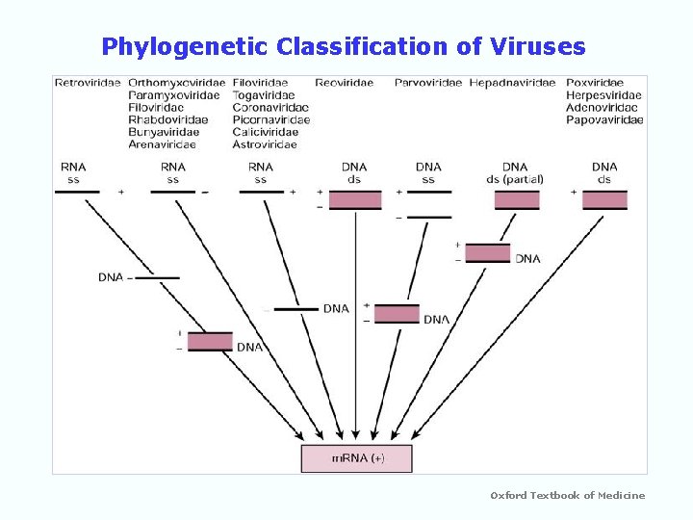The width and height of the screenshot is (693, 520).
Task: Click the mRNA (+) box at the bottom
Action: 357,458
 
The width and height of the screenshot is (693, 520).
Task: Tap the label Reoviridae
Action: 344,83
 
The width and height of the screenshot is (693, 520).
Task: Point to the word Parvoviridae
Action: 428,83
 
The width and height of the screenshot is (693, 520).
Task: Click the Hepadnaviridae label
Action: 512,83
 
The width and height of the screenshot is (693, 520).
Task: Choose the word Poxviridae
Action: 595,83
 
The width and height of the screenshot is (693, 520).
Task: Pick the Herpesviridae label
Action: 603,95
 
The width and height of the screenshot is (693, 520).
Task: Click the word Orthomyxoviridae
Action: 177,83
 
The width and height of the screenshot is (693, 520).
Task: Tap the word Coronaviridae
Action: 270,108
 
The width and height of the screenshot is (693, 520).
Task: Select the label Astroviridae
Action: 265,144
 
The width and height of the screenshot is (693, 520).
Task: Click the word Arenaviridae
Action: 162,144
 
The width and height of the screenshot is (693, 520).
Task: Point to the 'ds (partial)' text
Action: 515,179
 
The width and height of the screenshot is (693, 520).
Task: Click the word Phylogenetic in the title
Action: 185,46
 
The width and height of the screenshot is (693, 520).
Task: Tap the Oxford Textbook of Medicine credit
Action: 567,495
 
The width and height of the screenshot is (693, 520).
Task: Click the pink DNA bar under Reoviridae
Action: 356,199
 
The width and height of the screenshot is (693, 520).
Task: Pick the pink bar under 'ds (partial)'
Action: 517,199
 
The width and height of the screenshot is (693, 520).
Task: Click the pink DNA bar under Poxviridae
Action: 604,199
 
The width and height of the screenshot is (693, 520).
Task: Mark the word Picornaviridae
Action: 270,119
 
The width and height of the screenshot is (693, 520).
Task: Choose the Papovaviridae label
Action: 604,119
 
